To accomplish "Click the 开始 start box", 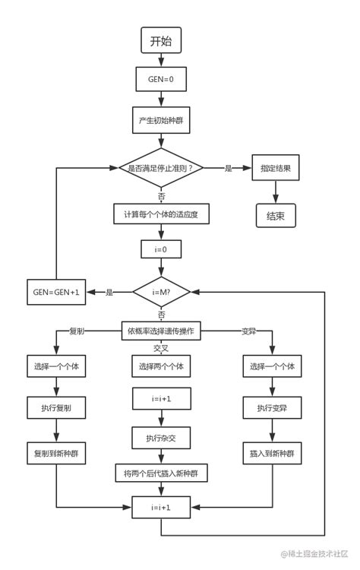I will [161, 41].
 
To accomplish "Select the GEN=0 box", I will [161, 79].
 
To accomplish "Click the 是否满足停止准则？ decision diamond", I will [161, 168].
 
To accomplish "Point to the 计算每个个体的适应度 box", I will [161, 215].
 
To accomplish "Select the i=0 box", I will [161, 249].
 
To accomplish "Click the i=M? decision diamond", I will [161, 291].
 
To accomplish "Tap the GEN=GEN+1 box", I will [56, 291].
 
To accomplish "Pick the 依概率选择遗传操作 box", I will [161, 331].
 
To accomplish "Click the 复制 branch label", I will [77, 331].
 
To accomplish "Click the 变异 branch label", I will [248, 331].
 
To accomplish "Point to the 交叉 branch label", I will [161, 347].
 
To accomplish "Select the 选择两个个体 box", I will [161, 366].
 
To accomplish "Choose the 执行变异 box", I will [271, 408].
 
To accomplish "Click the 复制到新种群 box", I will [56, 452].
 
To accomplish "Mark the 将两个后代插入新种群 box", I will [161, 473].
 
